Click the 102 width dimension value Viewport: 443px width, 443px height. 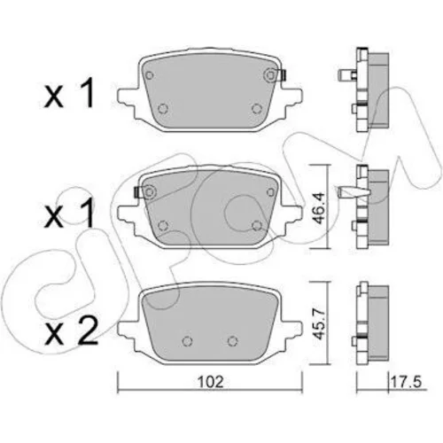point(210,382)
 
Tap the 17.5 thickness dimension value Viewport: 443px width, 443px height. point(406,382)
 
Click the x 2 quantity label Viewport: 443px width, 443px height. point(71,333)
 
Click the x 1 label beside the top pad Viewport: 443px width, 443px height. point(69,93)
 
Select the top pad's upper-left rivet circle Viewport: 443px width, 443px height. point(150,75)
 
